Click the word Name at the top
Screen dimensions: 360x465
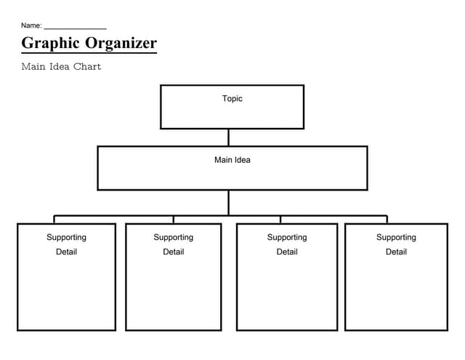tap(31, 25)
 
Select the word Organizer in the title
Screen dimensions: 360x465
tap(121, 43)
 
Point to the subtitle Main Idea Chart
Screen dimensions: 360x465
tap(61, 67)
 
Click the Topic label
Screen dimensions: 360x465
tap(232, 99)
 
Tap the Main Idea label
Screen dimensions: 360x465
tap(232, 160)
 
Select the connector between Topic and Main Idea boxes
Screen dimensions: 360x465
tap(228, 137)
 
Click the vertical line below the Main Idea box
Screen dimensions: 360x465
tap(228, 202)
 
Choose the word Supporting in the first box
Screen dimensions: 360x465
tap(66, 237)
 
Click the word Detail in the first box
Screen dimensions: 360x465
tap(66, 252)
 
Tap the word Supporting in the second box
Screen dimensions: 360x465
tap(174, 237)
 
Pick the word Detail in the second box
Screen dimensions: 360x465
tap(174, 252)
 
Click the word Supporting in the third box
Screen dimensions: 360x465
tap(287, 237)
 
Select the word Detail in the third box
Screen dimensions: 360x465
tap(287, 252)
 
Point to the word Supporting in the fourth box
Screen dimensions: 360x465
tap(396, 237)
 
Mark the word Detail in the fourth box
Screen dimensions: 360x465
tap(396, 252)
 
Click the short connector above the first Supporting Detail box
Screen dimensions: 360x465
tap(54, 219)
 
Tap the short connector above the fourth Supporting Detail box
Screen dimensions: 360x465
tap(387, 219)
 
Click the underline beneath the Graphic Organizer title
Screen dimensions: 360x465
tap(89, 53)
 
